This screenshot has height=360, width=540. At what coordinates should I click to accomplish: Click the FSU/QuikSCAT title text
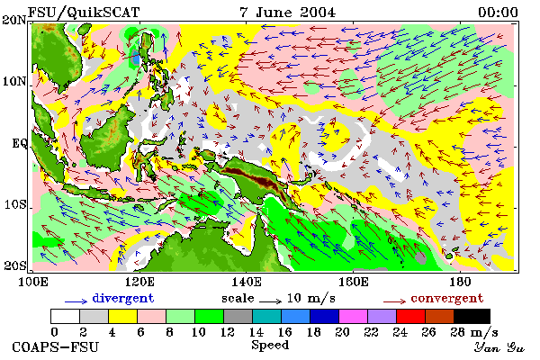tap(84, 13)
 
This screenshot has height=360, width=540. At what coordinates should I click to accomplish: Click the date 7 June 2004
tap(288, 13)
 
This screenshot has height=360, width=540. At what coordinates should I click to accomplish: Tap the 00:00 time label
tap(498, 13)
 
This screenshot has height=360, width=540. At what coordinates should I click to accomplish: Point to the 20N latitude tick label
tap(14, 20)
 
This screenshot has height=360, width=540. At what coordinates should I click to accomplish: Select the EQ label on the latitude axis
tap(20, 143)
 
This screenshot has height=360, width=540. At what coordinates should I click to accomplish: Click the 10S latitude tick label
tap(15, 204)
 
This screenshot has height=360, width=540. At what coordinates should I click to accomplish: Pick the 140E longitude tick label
tap(247, 282)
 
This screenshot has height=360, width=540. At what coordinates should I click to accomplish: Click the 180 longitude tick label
tap(460, 282)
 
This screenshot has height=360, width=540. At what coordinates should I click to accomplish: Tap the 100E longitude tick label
tap(32, 282)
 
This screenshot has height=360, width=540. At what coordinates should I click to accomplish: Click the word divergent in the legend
tap(123, 298)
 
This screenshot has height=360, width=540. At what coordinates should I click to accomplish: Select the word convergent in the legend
tap(447, 298)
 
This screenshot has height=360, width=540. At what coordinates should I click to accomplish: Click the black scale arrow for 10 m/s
tap(270, 301)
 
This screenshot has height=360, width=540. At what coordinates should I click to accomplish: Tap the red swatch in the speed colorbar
tap(410, 316)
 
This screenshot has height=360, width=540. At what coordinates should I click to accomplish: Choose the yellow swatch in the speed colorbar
tap(123, 316)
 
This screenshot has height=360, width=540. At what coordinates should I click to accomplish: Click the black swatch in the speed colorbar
tap(472, 316)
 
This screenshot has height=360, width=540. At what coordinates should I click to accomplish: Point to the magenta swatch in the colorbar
tap(353, 316)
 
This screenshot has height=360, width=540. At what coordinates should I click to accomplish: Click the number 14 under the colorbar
tap(256, 332)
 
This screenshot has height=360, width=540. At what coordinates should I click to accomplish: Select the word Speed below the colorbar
tap(270, 346)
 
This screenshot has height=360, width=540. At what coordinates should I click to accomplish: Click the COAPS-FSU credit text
tap(56, 346)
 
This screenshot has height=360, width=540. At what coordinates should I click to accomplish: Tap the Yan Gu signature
tap(499, 347)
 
